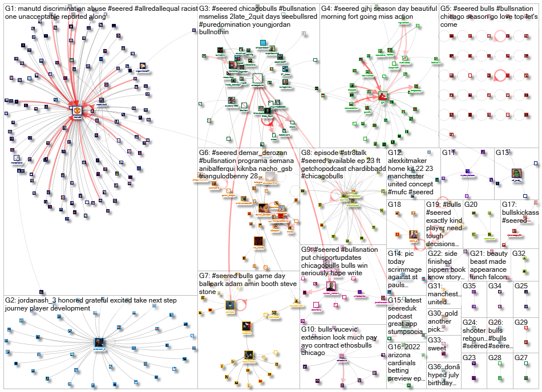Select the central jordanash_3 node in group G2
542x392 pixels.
pyautogui.click(x=100, y=342)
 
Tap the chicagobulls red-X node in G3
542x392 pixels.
pyautogui.click(x=257, y=79)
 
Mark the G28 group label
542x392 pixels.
pyautogui.click(x=495, y=357)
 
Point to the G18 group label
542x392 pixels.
pyautogui.click(x=395, y=205)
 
